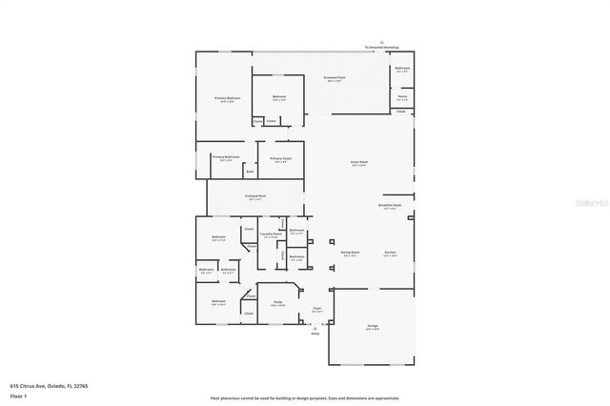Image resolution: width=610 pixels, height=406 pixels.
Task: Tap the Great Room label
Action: pos(359,163)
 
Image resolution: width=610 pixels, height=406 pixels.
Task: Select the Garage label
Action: pos(373,326)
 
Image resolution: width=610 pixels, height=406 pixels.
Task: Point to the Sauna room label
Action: pos(402,95)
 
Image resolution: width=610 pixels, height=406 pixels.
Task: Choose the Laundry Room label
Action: pos(270,233)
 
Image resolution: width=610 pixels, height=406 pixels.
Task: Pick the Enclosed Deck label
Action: pos(254,197)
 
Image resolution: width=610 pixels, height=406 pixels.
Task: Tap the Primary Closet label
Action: pos(280,159)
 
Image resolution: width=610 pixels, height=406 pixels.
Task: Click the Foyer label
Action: pos(316,309)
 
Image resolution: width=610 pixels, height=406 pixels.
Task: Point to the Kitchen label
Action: pos(390,253)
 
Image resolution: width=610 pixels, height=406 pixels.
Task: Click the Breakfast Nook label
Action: pos(390,206)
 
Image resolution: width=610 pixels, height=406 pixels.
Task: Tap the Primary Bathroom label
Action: pos(225,157)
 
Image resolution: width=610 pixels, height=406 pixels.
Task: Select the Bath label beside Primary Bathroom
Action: pos(250,173)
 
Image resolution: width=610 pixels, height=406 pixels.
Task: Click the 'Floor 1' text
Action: pos(18,395)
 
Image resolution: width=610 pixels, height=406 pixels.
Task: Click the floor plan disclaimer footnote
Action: pos(305,397)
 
